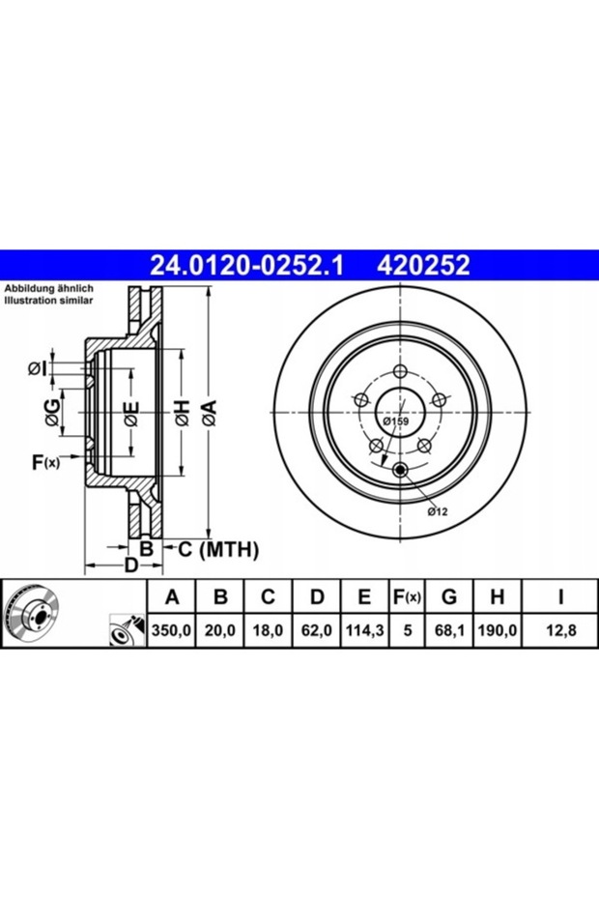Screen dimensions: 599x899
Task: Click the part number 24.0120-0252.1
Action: (246, 266)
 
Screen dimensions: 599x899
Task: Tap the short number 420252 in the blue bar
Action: (423, 266)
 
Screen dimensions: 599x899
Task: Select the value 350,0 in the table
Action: (171, 630)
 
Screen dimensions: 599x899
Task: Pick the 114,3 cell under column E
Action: (364, 630)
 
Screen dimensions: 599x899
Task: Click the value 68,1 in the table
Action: (449, 630)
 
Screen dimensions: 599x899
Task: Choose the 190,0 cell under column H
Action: (497, 630)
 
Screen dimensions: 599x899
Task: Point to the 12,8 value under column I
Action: (560, 630)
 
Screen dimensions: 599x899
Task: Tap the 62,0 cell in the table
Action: (317, 630)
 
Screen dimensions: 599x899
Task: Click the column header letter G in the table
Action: (449, 597)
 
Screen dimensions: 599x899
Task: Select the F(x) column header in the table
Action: (407, 597)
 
